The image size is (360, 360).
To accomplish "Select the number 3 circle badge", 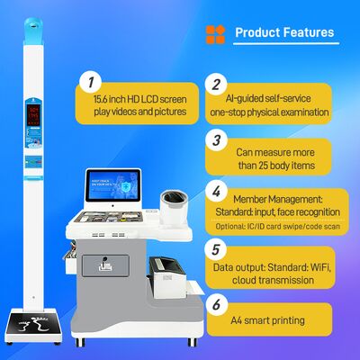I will [216, 139].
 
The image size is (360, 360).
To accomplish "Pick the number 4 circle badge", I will [216, 191].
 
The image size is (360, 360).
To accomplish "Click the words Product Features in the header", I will [284, 32].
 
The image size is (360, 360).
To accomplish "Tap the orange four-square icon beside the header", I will [216, 33].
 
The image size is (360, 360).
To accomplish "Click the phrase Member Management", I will [283, 197].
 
